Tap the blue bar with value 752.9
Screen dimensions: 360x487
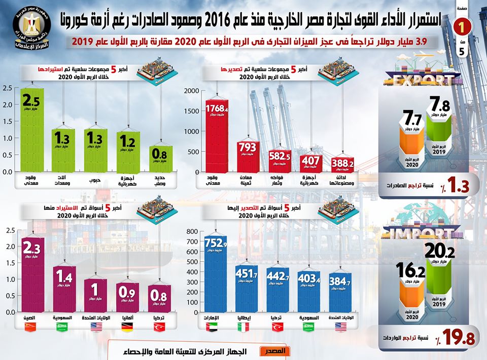(214, 274)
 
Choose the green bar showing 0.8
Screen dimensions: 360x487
(160, 159)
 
